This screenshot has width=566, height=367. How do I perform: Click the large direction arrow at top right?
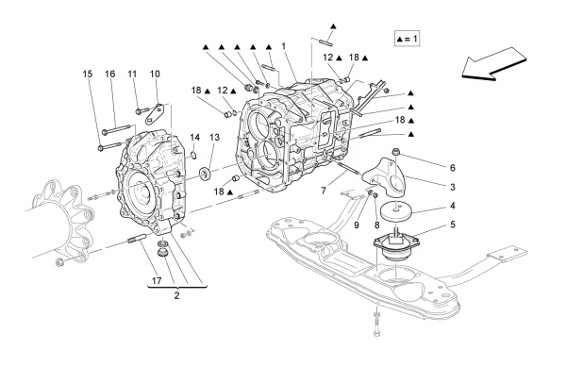pos(493,64)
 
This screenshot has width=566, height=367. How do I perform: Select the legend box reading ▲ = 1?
pos(407,39)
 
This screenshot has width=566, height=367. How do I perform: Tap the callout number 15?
pos(88,74)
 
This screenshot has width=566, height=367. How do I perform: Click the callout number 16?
pos(109,74)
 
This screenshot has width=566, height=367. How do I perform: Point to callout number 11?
pos(132,74)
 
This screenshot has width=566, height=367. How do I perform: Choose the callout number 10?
pos(155,74)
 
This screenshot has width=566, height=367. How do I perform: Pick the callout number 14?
pos(195,138)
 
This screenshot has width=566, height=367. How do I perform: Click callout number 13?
pos(214,138)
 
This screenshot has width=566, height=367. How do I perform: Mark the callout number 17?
pos(157,280)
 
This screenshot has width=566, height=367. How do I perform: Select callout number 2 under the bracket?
pos(177,295)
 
